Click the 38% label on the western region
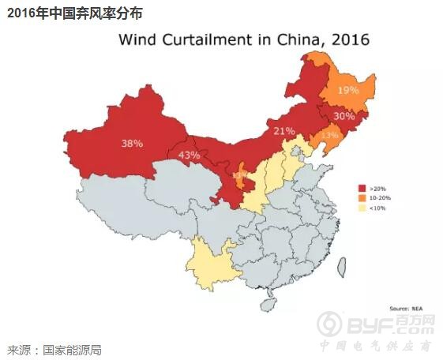coord(132,144)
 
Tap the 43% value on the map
coord(189,155)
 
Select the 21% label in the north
coord(283,130)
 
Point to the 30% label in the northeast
coord(344,116)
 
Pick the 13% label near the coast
coord(329,136)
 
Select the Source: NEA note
coord(406,307)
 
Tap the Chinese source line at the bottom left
coord(55,350)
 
